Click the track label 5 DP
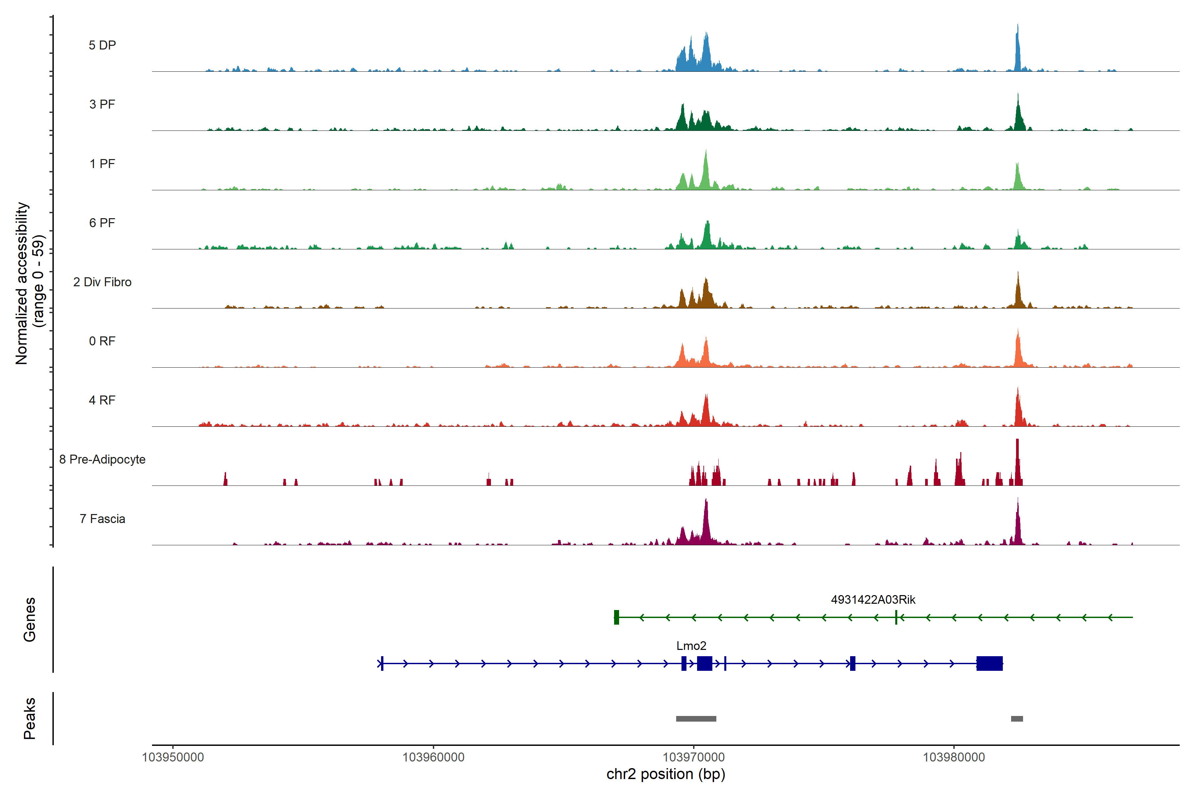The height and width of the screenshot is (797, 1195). pos(102,45)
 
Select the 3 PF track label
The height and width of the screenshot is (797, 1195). pos(102,104)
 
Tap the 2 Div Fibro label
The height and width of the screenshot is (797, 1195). pos(102,282)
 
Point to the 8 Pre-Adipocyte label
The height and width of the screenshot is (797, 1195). pos(102,460)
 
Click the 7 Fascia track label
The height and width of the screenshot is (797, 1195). pos(102,519)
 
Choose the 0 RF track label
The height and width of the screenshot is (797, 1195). pos(102,341)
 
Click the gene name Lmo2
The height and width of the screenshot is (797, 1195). pos(691,646)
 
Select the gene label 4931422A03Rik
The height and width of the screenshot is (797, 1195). pos(873,600)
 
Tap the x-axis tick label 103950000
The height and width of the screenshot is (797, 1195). pos(173,757)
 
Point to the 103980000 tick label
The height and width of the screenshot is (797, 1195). pos(954,757)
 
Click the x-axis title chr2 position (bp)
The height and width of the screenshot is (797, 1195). pos(666,774)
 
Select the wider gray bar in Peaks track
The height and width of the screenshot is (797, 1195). pos(696,719)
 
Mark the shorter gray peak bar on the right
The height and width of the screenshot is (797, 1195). pos(1017,719)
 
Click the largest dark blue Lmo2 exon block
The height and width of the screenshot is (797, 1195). pos(989,663)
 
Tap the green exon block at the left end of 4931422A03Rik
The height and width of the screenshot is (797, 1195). pos(616,617)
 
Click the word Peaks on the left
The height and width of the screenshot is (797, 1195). pos(30,718)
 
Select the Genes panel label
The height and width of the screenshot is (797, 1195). pos(30,620)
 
